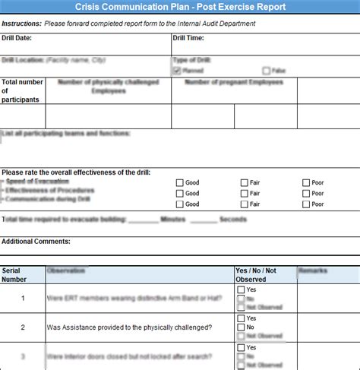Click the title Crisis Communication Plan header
click(180, 7)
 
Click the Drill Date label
click(17, 38)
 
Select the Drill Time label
click(188, 38)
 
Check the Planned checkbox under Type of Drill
click(177, 70)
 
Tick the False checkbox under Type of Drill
click(266, 70)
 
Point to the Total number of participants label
click(23, 91)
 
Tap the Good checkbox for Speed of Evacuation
click(179, 182)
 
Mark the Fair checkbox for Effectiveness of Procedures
click(245, 193)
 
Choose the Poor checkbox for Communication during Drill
click(306, 204)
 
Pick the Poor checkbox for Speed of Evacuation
click(306, 182)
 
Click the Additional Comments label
click(36, 242)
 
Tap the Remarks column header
click(313, 270)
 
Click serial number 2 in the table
click(23, 327)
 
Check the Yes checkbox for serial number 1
click(241, 290)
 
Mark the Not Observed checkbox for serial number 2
click(241, 336)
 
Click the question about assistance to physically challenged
click(129, 327)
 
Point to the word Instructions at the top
click(21, 24)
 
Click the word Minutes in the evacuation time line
click(173, 220)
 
